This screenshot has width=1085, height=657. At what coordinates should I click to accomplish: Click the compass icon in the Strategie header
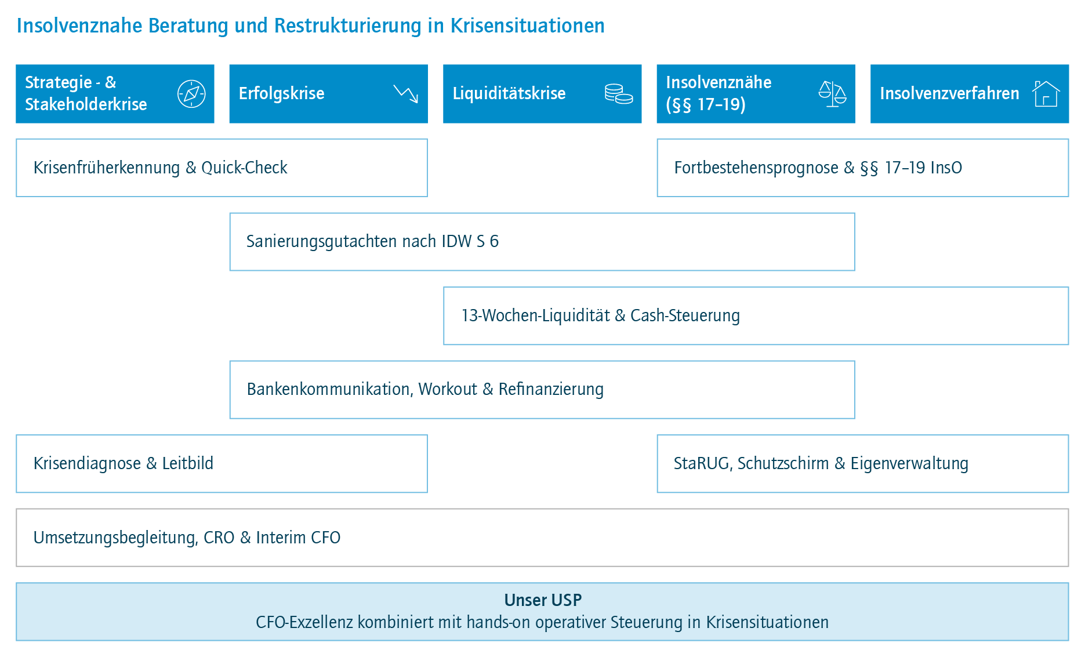pyautogui.click(x=191, y=94)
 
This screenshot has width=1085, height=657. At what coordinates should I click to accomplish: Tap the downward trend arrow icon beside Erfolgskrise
pyautogui.click(x=406, y=93)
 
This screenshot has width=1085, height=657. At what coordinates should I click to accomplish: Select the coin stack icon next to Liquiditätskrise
pyautogui.click(x=619, y=94)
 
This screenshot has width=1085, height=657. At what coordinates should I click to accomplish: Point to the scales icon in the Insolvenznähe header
pyautogui.click(x=832, y=94)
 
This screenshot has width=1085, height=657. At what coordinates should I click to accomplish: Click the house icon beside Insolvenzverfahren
pyautogui.click(x=1046, y=93)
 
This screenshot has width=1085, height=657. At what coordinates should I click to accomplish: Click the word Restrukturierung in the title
pyautogui.click(x=348, y=26)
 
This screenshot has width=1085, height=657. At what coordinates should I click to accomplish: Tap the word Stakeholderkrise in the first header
pyautogui.click(x=86, y=104)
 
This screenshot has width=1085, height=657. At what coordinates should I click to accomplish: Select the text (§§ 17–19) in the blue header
pyautogui.click(x=706, y=104)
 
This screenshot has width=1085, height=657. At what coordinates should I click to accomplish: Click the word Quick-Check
pyautogui.click(x=244, y=168)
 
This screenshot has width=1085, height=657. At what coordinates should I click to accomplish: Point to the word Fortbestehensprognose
pyautogui.click(x=756, y=168)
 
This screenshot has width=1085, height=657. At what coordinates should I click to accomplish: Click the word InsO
pyautogui.click(x=946, y=168)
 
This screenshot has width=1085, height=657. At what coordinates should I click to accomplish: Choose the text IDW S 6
pyautogui.click(x=470, y=241)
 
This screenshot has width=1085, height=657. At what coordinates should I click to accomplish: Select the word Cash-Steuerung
pyautogui.click(x=685, y=315)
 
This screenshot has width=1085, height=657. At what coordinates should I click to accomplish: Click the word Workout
pyautogui.click(x=448, y=389)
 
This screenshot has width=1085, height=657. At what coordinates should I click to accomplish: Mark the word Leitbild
pyautogui.click(x=188, y=463)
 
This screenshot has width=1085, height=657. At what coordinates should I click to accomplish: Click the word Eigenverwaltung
pyautogui.click(x=909, y=464)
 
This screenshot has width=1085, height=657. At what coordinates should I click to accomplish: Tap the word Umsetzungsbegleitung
pyautogui.click(x=116, y=538)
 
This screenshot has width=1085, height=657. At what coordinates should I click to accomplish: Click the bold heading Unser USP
pyautogui.click(x=543, y=600)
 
